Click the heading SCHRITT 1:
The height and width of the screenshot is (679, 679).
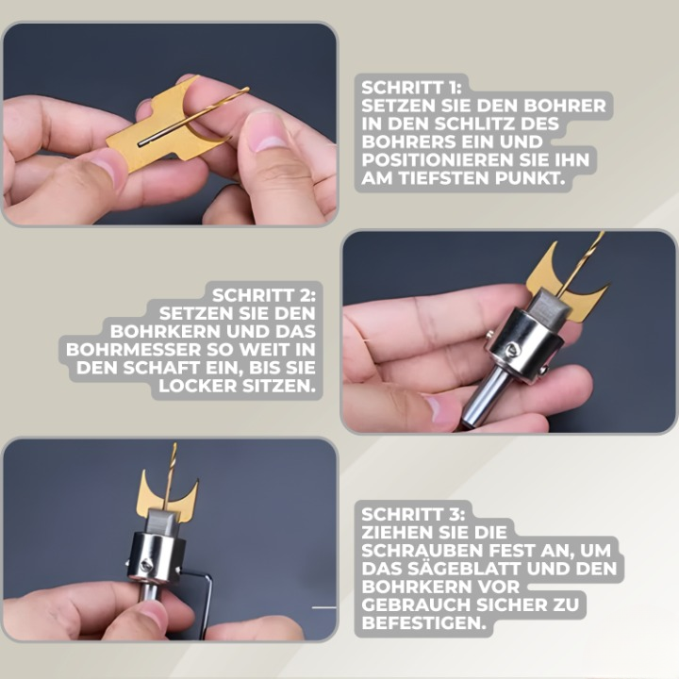point(411,88)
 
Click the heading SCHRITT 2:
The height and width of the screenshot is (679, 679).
point(264,295)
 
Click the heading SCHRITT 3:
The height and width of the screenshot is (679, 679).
point(413,515)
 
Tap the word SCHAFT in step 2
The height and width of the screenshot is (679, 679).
point(157,368)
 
